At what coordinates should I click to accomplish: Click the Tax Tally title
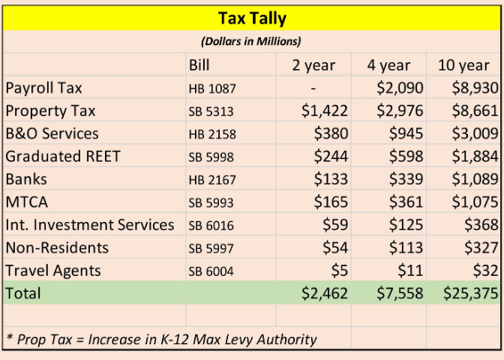251,17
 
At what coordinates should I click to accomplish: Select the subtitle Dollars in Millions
251,41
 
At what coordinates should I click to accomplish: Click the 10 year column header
463,65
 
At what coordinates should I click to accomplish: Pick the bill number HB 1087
211,88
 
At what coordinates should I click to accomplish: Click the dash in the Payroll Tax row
313,88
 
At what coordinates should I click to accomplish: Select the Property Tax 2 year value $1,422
325,111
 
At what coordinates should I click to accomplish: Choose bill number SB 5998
211,157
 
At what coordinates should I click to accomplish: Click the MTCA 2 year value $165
331,202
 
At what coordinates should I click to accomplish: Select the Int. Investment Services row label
89,224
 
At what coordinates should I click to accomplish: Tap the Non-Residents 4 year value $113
407,247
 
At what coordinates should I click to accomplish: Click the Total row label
23,293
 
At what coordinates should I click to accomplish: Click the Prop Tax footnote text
161,339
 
